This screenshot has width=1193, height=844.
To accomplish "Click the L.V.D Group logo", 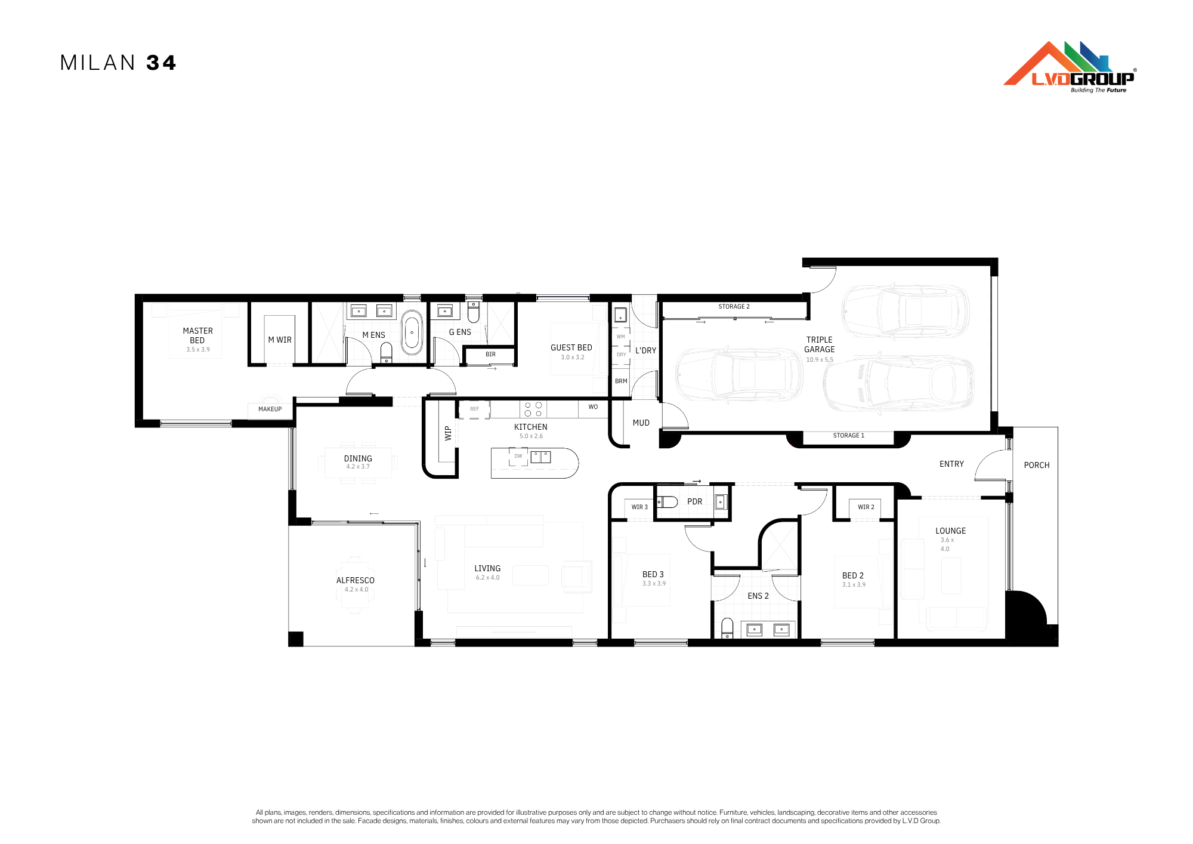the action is pyautogui.click(x=1070, y=67).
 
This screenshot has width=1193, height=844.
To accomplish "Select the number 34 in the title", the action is pyautogui.click(x=161, y=63).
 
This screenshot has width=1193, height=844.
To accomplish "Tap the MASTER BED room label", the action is pyautogui.click(x=197, y=335).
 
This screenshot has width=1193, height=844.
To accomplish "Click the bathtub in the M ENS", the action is pyautogui.click(x=412, y=332).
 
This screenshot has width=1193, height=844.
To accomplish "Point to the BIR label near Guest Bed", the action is pyautogui.click(x=490, y=355).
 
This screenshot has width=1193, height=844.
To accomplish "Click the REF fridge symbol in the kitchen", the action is pyautogui.click(x=474, y=409).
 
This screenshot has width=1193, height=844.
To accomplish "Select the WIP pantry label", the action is pyautogui.click(x=448, y=433).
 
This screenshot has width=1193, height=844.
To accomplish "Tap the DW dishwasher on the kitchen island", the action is pyautogui.click(x=518, y=457).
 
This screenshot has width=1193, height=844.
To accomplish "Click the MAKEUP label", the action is pyautogui.click(x=270, y=409).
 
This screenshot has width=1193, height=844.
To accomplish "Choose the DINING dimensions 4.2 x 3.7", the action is pyautogui.click(x=358, y=467).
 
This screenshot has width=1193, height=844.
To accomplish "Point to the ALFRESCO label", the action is pyautogui.click(x=356, y=580).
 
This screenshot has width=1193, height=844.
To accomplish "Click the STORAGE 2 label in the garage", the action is pyautogui.click(x=734, y=307).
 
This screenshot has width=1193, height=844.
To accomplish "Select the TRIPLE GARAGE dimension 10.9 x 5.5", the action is pyautogui.click(x=820, y=360).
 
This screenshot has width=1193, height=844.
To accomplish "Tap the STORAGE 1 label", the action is pyautogui.click(x=849, y=436).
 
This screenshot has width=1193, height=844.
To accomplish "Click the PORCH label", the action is pyautogui.click(x=1037, y=466).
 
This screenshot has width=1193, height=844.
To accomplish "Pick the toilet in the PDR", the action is pyautogui.click(x=667, y=502).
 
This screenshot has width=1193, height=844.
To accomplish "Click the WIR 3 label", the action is pyautogui.click(x=639, y=507).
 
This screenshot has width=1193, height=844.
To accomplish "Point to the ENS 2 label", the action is pyautogui.click(x=758, y=596).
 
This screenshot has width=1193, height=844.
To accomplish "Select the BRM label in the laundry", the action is pyautogui.click(x=621, y=381).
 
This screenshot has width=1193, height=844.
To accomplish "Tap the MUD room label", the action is pyautogui.click(x=641, y=423).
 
